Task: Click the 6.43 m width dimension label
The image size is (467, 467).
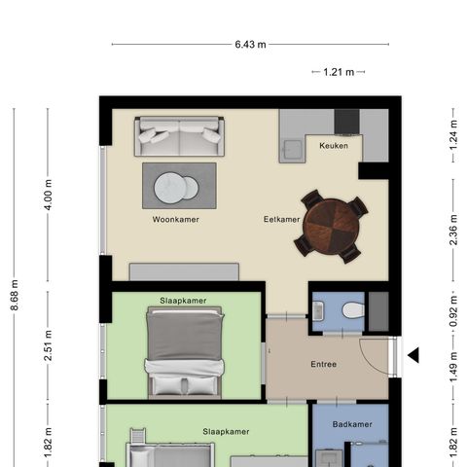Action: pos(250,44)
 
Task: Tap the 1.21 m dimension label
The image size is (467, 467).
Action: pos(339,72)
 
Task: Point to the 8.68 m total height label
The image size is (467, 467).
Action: pos(15,295)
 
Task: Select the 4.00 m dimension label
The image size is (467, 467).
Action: pos(48,195)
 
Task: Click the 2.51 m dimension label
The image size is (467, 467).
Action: pos(48,345)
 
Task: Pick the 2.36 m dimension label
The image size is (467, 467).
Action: pos(453,230)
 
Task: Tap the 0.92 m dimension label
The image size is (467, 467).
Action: pos(453,311)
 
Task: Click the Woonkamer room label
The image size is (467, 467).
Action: pos(176,220)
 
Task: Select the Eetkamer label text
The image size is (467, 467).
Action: pos(281,220)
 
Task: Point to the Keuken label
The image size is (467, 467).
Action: pos(334,146)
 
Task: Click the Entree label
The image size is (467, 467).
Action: pos(324,364)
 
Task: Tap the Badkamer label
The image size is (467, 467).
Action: pos(352,424)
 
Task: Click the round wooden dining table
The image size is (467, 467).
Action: pos(331,227)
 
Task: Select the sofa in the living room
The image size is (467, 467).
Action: pos(179,136)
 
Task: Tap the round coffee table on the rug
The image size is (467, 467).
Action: pos(176,188)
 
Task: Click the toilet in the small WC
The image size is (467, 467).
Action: pos(353,310)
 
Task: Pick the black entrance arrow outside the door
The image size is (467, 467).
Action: pos(413,355)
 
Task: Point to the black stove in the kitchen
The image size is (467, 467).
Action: pos(346,122)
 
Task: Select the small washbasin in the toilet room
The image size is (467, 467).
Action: pos(318,310)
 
